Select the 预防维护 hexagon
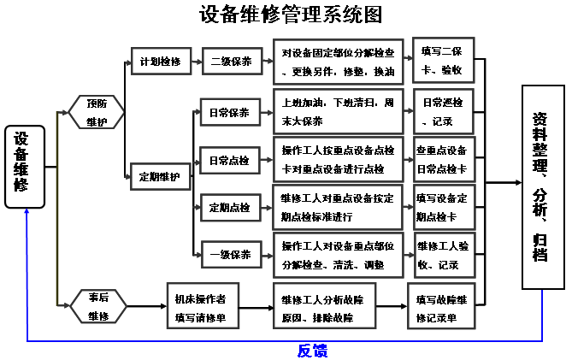(97, 112)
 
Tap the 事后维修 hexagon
(97, 305)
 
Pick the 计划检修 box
(161, 62)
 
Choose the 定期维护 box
(161, 177)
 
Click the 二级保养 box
(230, 62)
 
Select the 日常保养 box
(229, 113)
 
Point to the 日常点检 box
(229, 160)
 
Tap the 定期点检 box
(229, 207)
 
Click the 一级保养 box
(229, 254)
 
